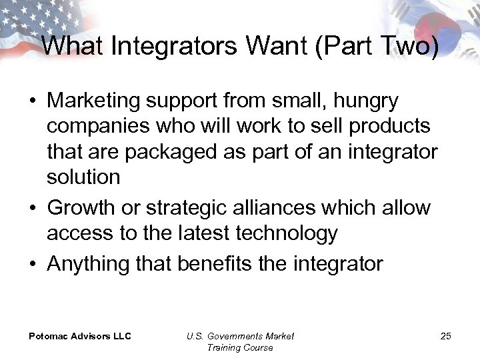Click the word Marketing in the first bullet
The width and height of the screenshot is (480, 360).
[93, 101]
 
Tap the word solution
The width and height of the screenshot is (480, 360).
[83, 177]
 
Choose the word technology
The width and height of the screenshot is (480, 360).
[286, 233]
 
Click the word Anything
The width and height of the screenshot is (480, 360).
[88, 264]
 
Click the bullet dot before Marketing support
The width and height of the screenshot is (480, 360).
[32, 102]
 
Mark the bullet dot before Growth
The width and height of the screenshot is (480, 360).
[32, 209]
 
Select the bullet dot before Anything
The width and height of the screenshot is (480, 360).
[32, 265]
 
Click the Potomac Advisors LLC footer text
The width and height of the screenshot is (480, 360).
[80, 336]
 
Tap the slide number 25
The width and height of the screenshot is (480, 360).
[445, 336]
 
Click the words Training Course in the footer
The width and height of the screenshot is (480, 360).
[240, 347]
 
